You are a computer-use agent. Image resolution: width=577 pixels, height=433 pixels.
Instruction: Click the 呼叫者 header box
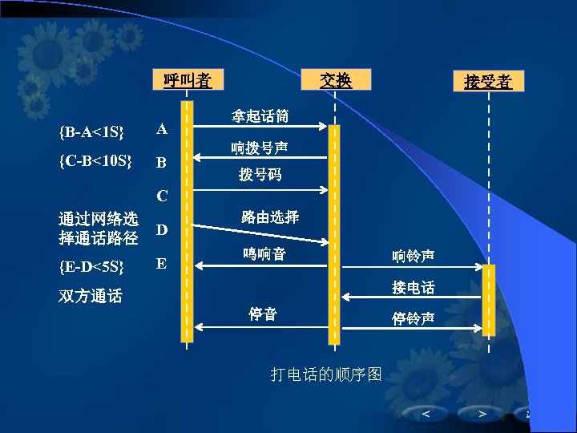187,80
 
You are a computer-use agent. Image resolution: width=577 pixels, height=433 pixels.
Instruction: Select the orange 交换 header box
336,79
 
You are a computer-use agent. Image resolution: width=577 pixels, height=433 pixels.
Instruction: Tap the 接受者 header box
487,82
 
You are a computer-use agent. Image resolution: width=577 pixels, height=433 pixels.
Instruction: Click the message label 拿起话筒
260,116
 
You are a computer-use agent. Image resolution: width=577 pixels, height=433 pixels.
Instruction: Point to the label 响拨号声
260,148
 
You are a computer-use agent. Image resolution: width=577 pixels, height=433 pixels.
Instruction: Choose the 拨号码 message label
260,175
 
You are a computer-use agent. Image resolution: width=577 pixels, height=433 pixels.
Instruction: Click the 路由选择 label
270,216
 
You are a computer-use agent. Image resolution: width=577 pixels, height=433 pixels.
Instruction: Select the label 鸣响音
264,254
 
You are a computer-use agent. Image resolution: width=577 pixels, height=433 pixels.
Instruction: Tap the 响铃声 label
414,256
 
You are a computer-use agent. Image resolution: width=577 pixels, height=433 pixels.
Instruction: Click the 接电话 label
414,287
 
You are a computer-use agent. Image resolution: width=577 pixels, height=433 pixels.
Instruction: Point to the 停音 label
262,314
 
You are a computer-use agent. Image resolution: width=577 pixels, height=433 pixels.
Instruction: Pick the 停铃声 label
414,318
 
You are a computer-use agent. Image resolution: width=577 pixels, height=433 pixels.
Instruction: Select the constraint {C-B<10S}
95,160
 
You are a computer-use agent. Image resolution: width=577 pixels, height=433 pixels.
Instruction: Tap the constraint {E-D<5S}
91,265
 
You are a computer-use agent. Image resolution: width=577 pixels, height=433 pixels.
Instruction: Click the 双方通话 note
91,297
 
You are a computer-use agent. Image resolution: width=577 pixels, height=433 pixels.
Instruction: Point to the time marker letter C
162,196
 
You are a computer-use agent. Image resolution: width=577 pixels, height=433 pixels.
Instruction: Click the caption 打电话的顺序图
325,374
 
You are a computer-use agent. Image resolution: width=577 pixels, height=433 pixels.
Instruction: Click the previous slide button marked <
426,414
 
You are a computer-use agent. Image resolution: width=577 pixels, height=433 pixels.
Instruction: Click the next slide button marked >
482,414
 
